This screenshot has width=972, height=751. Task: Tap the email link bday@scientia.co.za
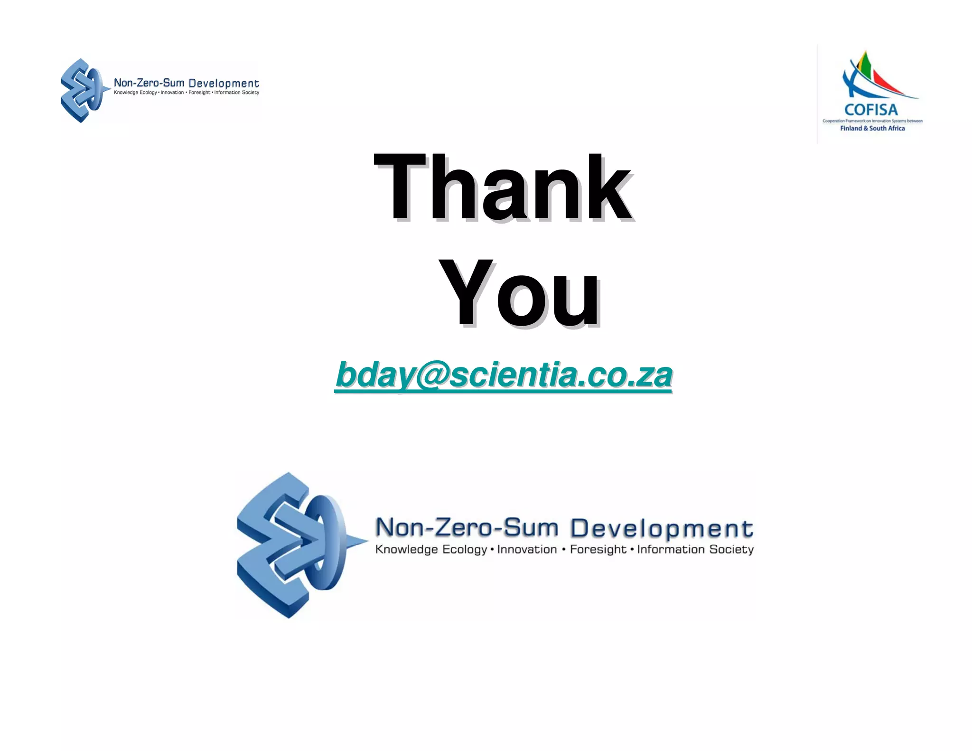pos(503,375)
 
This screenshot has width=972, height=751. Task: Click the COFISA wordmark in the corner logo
pos(871,110)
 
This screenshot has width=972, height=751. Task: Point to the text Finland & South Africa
pos(872,128)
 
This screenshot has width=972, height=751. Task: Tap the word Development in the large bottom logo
pos(661,528)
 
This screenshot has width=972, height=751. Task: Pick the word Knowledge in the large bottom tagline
pos(406,549)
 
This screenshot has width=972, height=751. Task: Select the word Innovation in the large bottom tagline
pos(527,549)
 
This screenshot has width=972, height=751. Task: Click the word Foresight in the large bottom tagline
pos(598,549)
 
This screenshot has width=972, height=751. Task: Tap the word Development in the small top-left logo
pos(224,84)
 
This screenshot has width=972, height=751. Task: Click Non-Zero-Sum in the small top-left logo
pos(149,83)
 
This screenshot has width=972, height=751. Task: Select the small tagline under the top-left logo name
pos(187,93)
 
